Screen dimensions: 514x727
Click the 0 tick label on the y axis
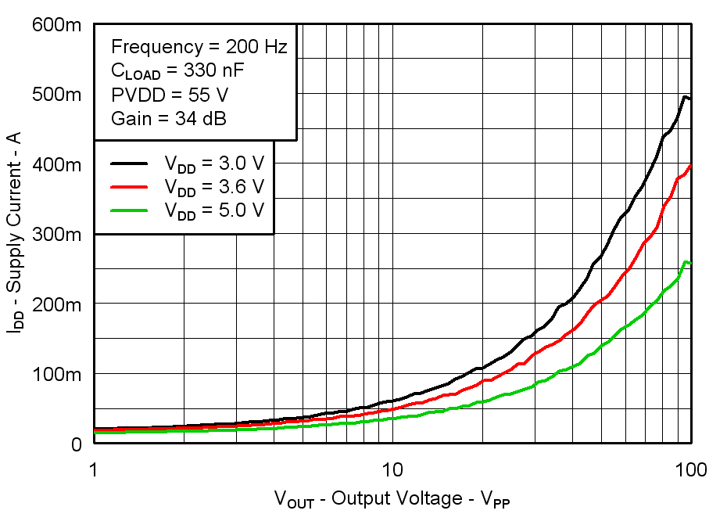click(76, 444)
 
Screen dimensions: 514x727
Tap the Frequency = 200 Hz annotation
click(199, 46)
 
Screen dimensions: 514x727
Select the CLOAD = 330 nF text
click(177, 71)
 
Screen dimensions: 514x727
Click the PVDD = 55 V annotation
click(170, 95)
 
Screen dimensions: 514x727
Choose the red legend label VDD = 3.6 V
click(213, 187)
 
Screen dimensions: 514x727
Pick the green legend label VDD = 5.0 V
click(213, 210)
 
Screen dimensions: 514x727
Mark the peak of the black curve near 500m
click(685, 97)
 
